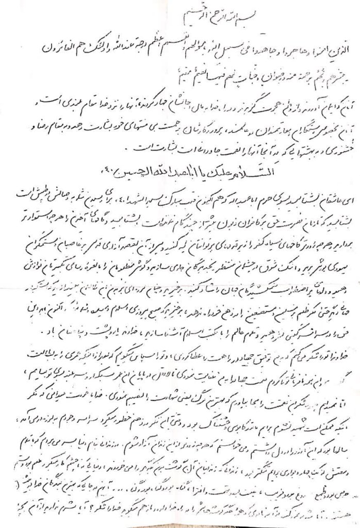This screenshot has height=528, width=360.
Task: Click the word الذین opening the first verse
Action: pos(334,53)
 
